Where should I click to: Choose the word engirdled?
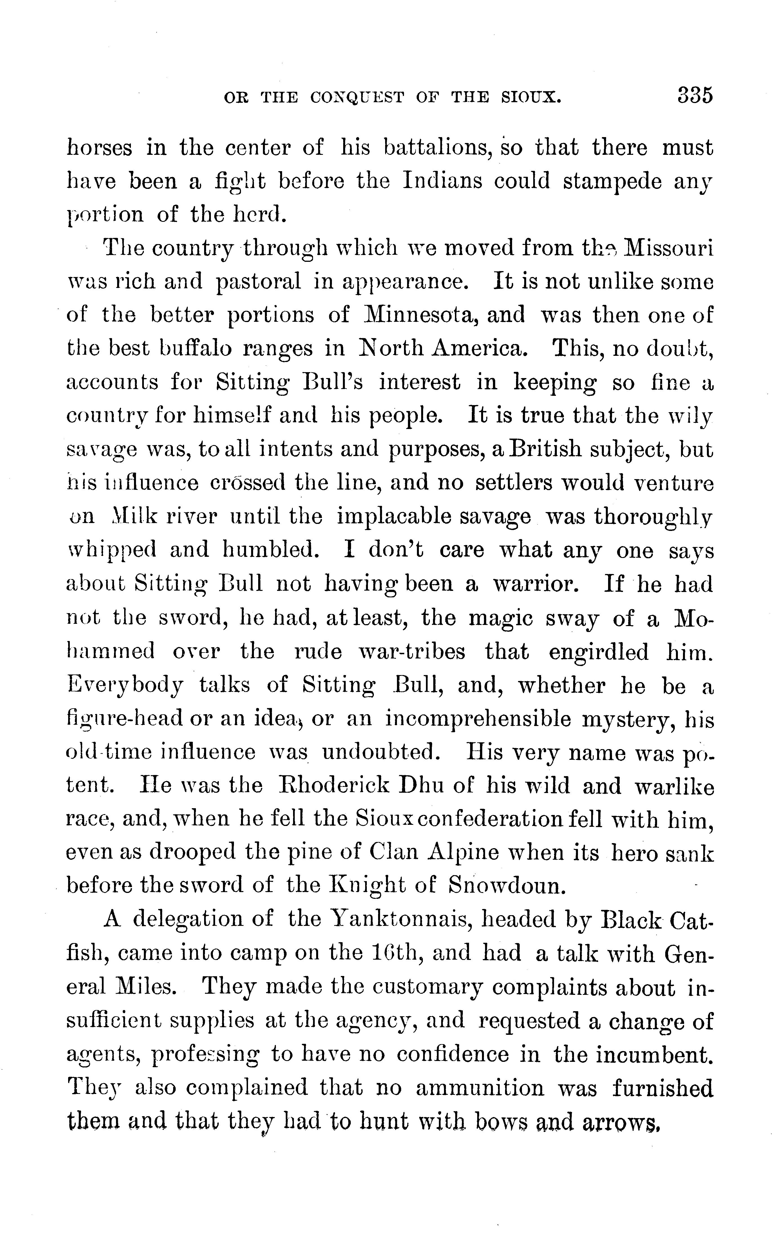tap(598, 652)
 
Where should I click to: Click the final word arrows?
tap(621, 1122)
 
